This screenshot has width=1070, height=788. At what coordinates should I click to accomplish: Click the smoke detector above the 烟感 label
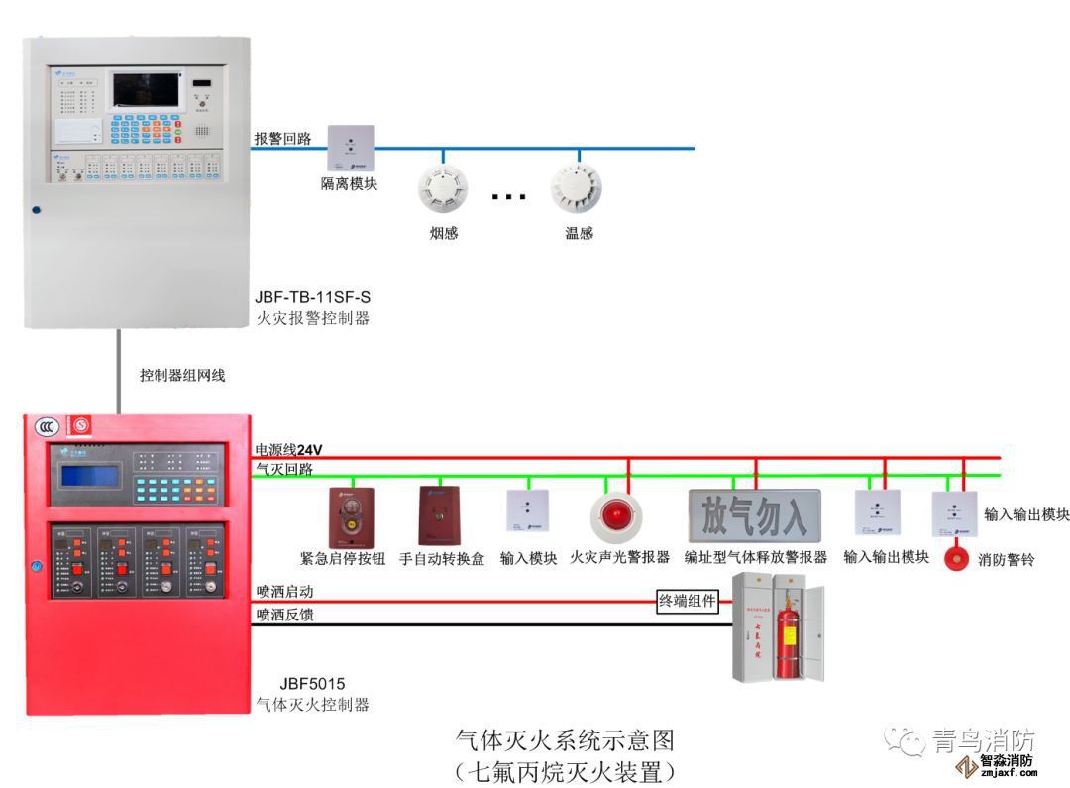(x=442, y=188)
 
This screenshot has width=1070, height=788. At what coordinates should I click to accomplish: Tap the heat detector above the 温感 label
(x=577, y=187)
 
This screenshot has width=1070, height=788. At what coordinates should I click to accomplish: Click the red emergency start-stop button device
(x=350, y=515)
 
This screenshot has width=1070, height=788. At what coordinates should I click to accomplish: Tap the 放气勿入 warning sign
(x=755, y=514)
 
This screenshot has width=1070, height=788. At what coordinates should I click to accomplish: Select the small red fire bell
(x=957, y=559)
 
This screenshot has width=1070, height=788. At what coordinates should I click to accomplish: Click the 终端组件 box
(x=688, y=601)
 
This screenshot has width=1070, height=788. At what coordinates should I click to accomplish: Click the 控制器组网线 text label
(x=182, y=376)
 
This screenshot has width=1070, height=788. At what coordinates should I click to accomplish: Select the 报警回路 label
(x=282, y=139)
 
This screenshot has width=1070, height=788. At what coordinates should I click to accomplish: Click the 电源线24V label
(x=289, y=450)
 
